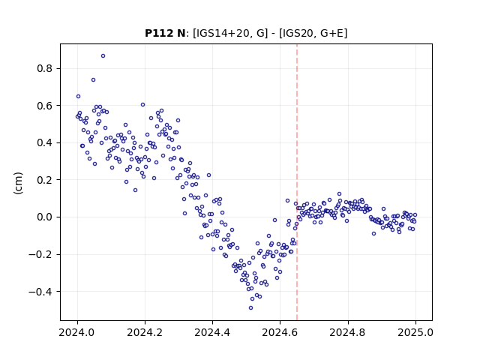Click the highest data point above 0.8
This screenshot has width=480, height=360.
pos(103,56)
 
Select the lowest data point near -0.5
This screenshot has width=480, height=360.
pos(250,308)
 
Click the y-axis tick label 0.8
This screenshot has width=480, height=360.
pos(45,68)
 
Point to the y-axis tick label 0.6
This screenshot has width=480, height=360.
pos(45,106)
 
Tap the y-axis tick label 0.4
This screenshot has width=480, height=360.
pos(45,142)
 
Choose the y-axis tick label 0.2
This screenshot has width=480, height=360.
pos(45,180)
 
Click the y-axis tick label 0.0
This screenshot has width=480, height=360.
pos(45,217)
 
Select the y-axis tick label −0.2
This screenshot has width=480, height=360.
pos(40,254)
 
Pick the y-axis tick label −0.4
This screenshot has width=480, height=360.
pos(40,292)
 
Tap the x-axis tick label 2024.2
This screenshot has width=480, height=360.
pos(145,332)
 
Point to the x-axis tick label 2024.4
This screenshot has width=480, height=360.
pos(212,332)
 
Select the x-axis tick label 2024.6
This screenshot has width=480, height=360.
pos(280,332)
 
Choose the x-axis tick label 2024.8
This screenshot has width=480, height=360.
pos(347,332)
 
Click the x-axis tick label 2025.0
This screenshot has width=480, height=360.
pos(415,332)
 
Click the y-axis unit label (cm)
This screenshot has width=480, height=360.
pos(18,183)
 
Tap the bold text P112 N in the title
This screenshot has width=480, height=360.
pos(165,33)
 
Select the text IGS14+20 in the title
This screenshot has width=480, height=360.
pos(223,33)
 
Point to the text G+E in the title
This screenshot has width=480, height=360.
pos(331,33)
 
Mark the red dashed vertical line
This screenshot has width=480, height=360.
pos(297,182)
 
